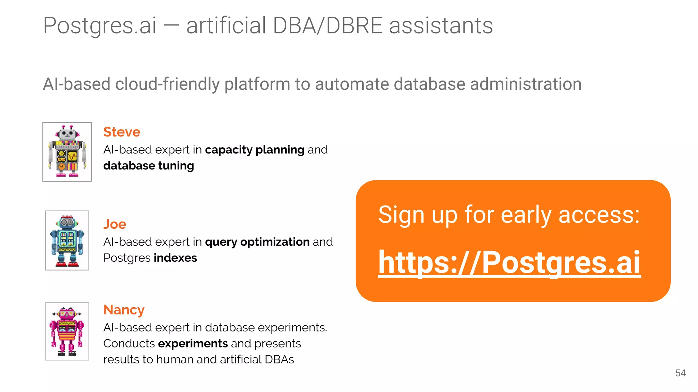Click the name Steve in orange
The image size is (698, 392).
tap(122, 132)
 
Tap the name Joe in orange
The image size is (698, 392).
tap(115, 224)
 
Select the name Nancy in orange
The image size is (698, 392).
tap(124, 310)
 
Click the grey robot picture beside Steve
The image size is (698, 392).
tap(67, 152)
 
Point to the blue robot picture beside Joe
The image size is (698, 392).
tap(67, 240)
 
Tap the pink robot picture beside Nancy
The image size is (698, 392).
tap(67, 331)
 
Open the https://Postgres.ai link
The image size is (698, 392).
tap(510, 262)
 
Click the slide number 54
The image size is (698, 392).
tap(680, 373)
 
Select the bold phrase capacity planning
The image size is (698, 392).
tap(255, 150)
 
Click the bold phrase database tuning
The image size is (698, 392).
tap(149, 166)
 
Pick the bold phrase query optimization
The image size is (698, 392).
tap(257, 242)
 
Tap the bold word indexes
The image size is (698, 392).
tap(175, 258)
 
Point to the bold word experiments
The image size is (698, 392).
tap(193, 344)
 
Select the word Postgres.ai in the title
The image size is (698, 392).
tap(100, 26)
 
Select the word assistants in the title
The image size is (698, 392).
tap(441, 26)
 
